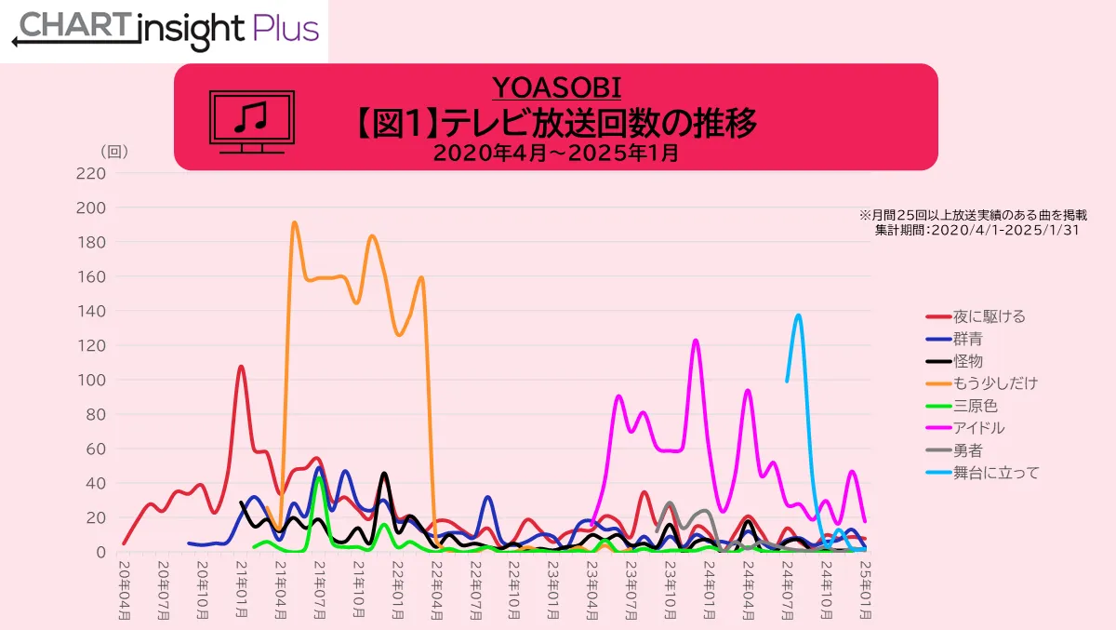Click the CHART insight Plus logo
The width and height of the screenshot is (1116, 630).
pos(165,30)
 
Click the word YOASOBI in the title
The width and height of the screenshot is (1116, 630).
pos(556,87)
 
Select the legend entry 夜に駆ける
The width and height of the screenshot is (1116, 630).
pos(989,316)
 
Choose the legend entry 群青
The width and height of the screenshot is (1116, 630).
pos(966,339)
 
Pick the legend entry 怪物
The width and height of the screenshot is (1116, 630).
pos(966,361)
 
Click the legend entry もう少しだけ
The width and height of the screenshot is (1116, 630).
pos(994,383)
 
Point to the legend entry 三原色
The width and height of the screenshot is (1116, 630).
pos(974,406)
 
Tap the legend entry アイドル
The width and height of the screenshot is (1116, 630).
pos(978,428)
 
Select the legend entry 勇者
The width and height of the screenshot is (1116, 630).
pos(966,450)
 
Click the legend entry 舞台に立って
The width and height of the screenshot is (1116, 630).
pos(994,473)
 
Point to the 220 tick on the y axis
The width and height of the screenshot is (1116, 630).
pos(91,173)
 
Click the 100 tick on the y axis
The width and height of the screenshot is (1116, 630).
pos(91,380)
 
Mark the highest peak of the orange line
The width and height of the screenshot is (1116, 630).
pos(294,222)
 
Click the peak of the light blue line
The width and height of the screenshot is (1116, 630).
pos(798,315)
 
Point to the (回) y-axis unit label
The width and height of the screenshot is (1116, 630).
pos(113,151)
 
